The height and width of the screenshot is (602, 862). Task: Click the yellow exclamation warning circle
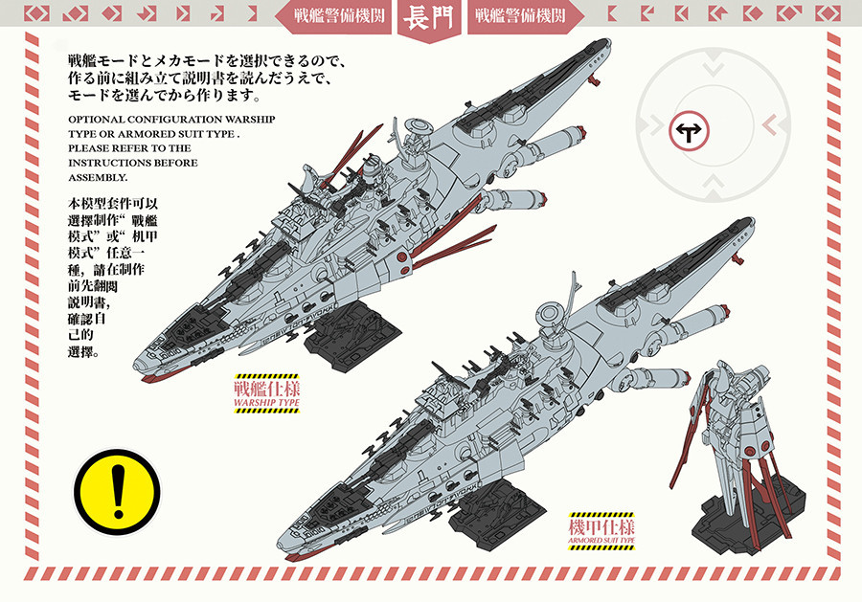click(x=117, y=492)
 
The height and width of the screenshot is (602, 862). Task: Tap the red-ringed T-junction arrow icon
click(x=689, y=131)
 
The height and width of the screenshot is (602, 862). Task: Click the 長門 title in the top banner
click(x=429, y=19)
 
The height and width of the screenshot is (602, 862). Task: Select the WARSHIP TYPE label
click(x=266, y=403)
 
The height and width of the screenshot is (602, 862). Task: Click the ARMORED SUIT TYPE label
click(x=601, y=541)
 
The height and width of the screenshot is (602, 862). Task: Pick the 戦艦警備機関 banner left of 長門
click(x=339, y=15)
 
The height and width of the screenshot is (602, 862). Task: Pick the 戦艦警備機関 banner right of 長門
click(x=519, y=15)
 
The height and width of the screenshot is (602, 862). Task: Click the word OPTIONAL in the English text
click(x=97, y=120)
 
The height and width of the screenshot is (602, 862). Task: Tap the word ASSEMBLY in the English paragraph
click(x=97, y=177)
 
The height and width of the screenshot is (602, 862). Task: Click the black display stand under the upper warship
click(x=352, y=328)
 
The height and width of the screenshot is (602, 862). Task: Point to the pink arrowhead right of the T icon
click(x=769, y=125)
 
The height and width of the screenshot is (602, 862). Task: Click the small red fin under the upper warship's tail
click(x=593, y=82)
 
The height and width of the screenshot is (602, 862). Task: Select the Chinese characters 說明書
click(x=87, y=303)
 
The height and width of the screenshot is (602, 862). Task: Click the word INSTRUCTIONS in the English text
click(x=103, y=163)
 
